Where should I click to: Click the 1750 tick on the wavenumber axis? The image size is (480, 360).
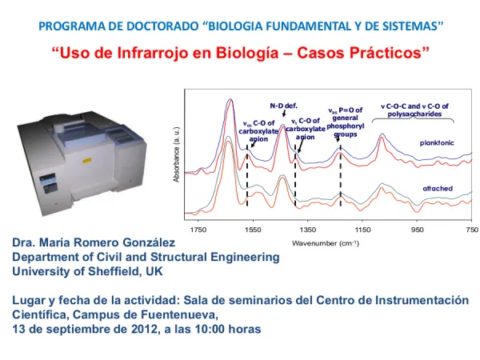tap(198, 229)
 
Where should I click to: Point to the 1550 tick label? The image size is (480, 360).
tap(253, 229)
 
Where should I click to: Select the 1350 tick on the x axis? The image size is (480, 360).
tap(307, 229)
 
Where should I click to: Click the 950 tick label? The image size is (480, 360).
tap(416, 229)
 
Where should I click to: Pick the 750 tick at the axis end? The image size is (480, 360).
tap(470, 229)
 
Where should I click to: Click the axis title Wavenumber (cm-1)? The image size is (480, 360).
tap(325, 242)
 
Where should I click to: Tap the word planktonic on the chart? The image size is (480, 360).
tap(436, 142)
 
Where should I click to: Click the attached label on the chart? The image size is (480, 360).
tap(438, 188)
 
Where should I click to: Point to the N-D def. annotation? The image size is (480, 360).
tap(283, 105)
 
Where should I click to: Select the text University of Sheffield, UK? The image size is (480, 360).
tap(87, 271)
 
